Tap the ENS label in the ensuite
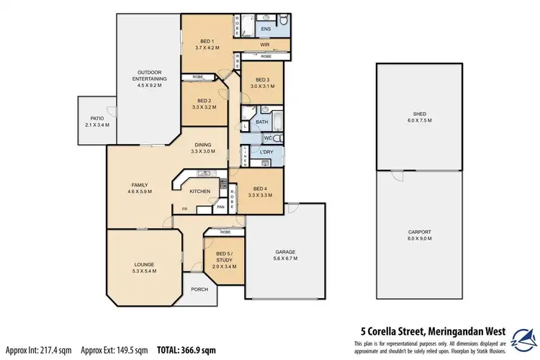pos(266,30)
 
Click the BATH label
pos(261,122)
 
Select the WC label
pos(267,138)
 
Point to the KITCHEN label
pos(199,191)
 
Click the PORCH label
pos(199,289)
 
